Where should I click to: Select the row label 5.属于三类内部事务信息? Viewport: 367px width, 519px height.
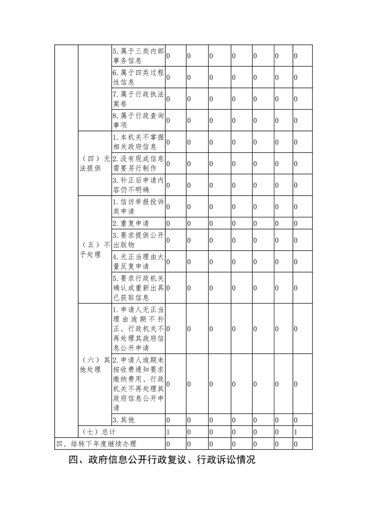(138, 56)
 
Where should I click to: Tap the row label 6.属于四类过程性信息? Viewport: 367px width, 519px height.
(138, 77)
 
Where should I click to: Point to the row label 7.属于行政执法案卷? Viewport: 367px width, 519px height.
(138, 99)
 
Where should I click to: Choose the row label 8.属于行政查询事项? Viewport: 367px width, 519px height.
(138, 120)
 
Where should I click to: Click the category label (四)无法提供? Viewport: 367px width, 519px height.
(94, 164)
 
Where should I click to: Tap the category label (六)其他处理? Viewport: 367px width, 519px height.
(94, 365)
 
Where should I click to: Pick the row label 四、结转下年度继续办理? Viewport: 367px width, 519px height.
(96, 444)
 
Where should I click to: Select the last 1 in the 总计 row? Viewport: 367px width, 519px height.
(296, 432)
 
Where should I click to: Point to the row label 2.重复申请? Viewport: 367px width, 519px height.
(131, 223)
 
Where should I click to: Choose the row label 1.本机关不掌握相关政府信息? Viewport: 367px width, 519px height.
(138, 142)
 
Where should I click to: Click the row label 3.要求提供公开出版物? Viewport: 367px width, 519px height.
(138, 240)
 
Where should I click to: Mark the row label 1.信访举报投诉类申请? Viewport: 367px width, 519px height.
(138, 206)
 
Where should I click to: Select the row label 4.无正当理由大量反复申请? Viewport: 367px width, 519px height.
(138, 261)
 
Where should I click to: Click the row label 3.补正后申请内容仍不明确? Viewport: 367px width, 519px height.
(138, 185)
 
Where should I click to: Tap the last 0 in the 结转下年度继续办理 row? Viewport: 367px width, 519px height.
(296, 444)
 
